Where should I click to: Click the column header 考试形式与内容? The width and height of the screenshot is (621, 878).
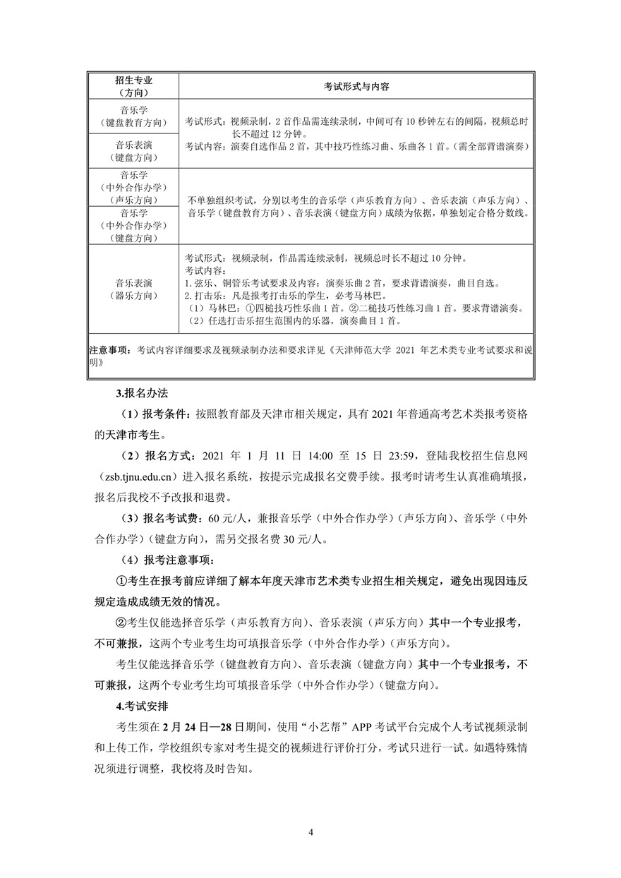[357, 87]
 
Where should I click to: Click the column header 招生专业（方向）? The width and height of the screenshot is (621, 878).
[133, 87]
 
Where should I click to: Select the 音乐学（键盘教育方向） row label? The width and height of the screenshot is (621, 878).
[133, 116]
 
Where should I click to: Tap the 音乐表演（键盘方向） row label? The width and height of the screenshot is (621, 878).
[133, 150]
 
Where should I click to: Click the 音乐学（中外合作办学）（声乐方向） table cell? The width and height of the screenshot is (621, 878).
[133, 187]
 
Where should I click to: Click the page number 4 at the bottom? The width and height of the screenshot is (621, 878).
[310, 832]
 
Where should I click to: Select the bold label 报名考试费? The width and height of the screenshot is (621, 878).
[170, 518]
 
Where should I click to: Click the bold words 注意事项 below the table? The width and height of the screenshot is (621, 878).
[109, 349]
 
